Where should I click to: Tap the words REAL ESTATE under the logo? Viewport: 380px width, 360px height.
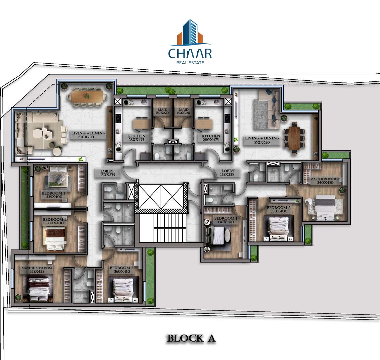coord(190,63)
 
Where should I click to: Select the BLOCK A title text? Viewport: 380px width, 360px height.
coord(191,338)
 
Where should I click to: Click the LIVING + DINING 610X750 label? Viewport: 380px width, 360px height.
coord(88,135)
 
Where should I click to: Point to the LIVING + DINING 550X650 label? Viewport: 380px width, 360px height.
coord(262,140)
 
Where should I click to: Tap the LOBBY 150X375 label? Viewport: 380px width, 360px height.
coord(107,173)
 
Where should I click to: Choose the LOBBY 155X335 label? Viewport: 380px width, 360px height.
coord(228,173)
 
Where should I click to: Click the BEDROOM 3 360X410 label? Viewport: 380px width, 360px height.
coord(122,270)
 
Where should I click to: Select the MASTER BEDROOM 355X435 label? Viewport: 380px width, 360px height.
coord(36,270)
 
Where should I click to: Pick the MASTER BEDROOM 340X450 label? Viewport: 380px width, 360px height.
coord(325,181)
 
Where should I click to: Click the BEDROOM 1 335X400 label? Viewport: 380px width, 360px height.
coord(54,195)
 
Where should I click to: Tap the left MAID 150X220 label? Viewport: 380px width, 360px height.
coord(162,111)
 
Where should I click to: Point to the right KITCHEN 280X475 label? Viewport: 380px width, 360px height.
coord(211,138)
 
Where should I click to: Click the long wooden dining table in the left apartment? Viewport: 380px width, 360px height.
coord(87,96)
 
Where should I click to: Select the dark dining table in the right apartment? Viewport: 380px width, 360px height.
coord(294,138)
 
